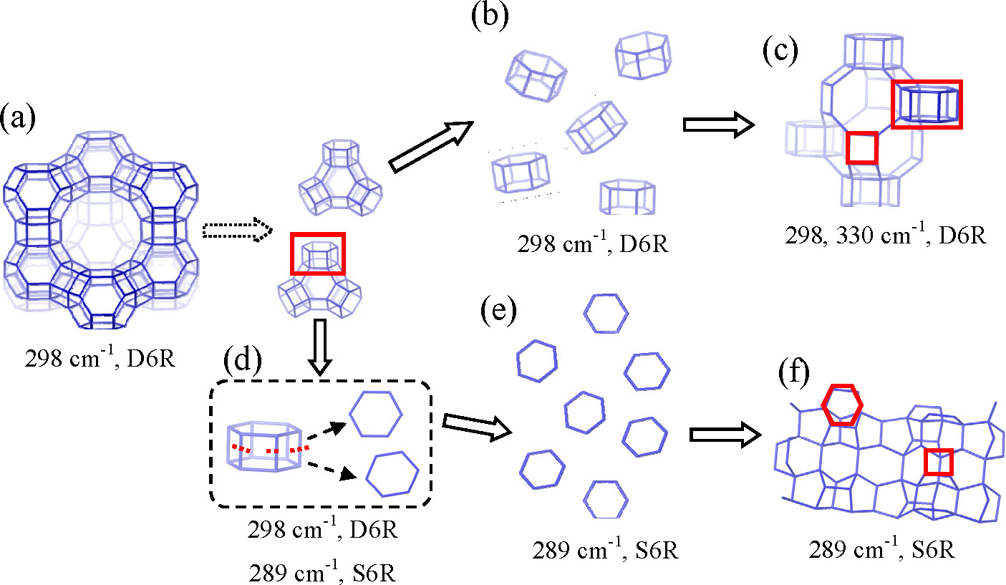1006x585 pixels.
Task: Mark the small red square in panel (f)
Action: tap(938, 462)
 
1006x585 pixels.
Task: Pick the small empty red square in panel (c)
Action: tap(861, 148)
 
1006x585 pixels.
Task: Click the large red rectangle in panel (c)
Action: tap(927, 104)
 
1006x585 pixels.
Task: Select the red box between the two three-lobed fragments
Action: tap(317, 255)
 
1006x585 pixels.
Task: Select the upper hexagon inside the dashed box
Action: tap(376, 414)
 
